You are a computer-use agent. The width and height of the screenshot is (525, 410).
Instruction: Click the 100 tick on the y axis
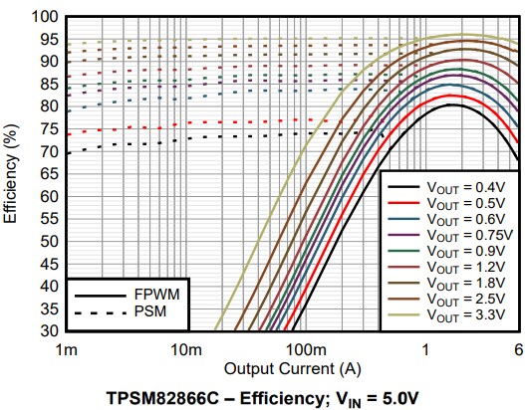coord(43,18)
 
